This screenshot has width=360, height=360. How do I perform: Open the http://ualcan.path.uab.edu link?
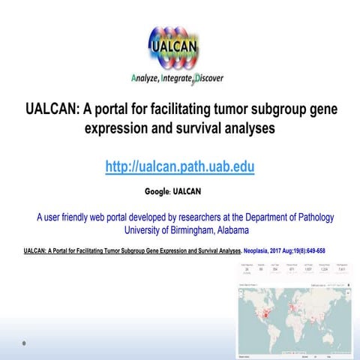pos(180,166)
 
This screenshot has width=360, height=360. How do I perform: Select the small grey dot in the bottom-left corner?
pos(24,343)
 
